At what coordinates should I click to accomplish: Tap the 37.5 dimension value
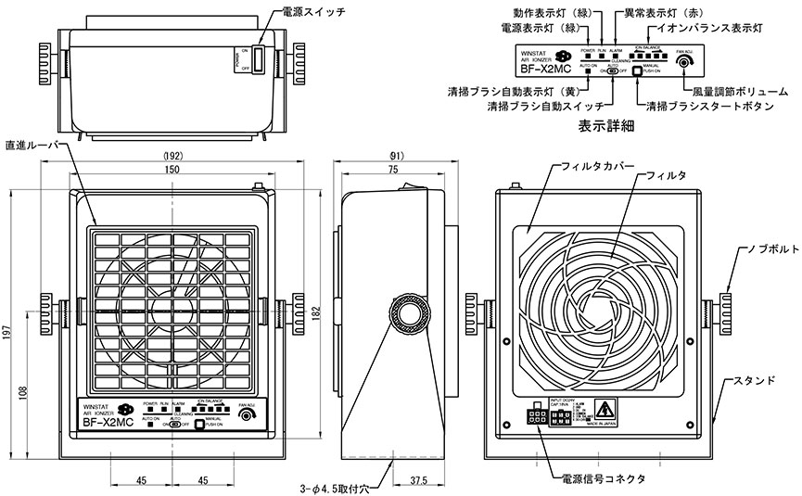coord(418,481)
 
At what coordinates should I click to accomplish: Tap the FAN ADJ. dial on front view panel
coord(246,417)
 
